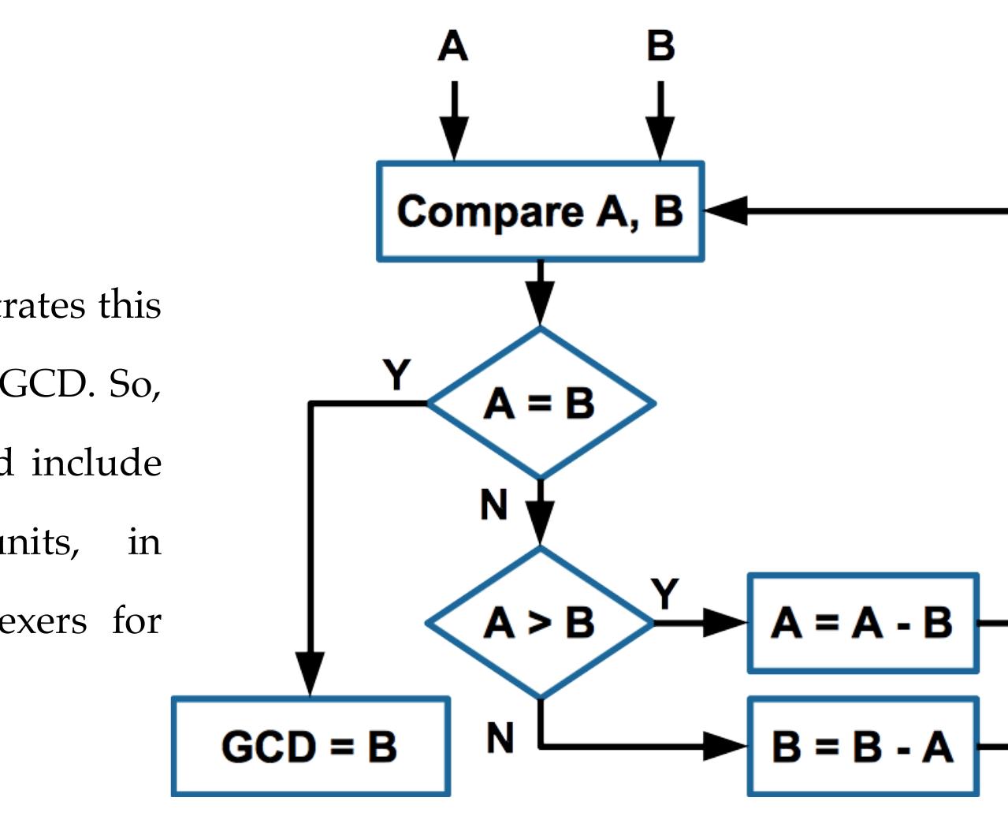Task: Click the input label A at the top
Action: (452, 46)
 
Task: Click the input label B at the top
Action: (660, 46)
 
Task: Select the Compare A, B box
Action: (540, 211)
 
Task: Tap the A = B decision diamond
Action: (540, 404)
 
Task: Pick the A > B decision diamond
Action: (540, 623)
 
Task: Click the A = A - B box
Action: (862, 623)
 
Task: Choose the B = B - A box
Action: (862, 746)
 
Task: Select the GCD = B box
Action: (311, 746)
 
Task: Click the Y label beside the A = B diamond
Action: (396, 375)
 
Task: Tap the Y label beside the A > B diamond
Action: (664, 594)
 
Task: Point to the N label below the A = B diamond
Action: (494, 505)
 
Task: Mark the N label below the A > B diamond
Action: (500, 738)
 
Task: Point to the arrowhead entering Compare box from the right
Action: (725, 211)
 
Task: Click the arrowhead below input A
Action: (453, 140)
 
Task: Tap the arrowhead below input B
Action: (660, 140)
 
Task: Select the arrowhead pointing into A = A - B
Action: (725, 623)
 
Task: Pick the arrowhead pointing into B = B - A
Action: (725, 746)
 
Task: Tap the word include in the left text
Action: (96, 463)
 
